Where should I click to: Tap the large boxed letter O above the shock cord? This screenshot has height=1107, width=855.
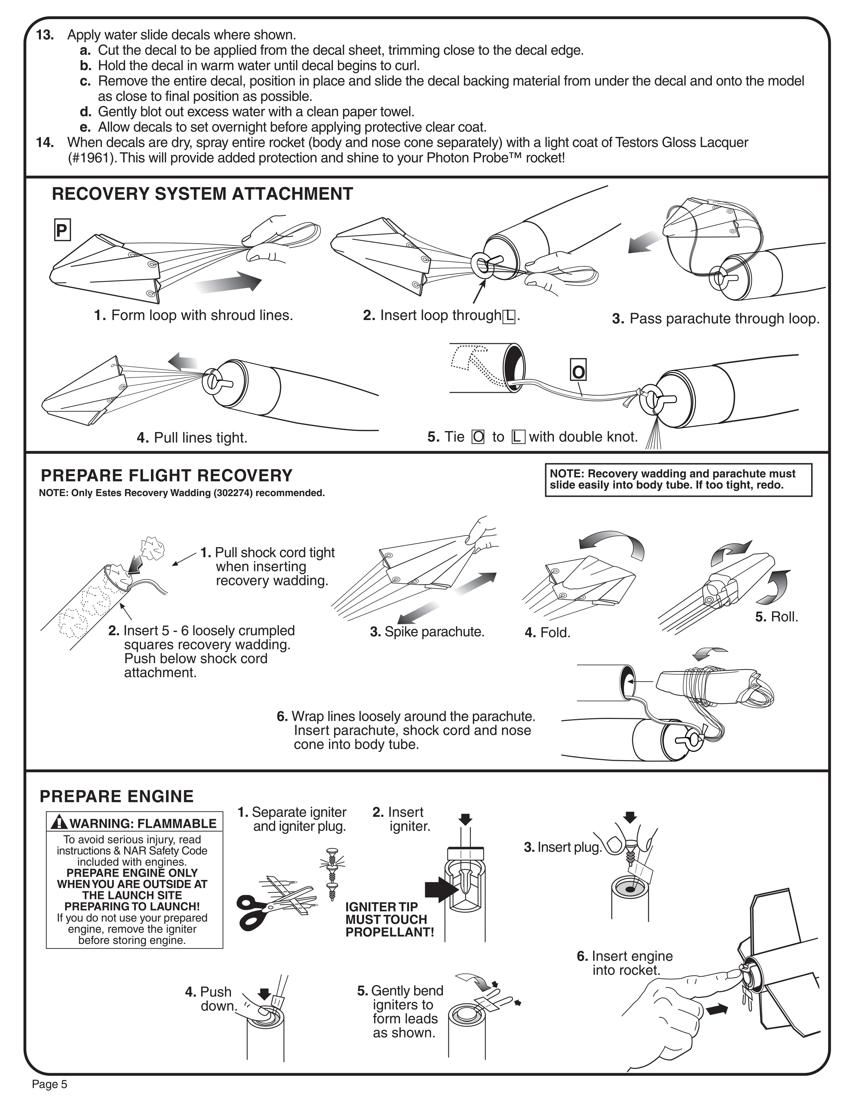[578, 372]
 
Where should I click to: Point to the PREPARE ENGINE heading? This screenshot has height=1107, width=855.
[116, 796]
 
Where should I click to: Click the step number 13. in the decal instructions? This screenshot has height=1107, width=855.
[45, 35]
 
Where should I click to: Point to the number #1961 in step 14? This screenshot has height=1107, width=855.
[91, 158]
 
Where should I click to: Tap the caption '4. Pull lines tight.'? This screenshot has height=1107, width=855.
[192, 437]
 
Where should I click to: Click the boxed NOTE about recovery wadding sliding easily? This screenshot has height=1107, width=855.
[678, 479]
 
